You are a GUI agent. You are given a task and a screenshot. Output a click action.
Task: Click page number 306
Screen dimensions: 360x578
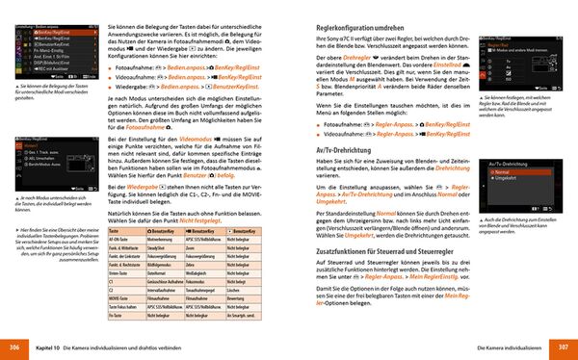point(13,346)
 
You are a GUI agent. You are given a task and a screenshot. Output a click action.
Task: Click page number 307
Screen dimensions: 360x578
point(565,346)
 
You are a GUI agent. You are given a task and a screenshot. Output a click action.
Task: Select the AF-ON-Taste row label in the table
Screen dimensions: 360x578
point(120,238)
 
